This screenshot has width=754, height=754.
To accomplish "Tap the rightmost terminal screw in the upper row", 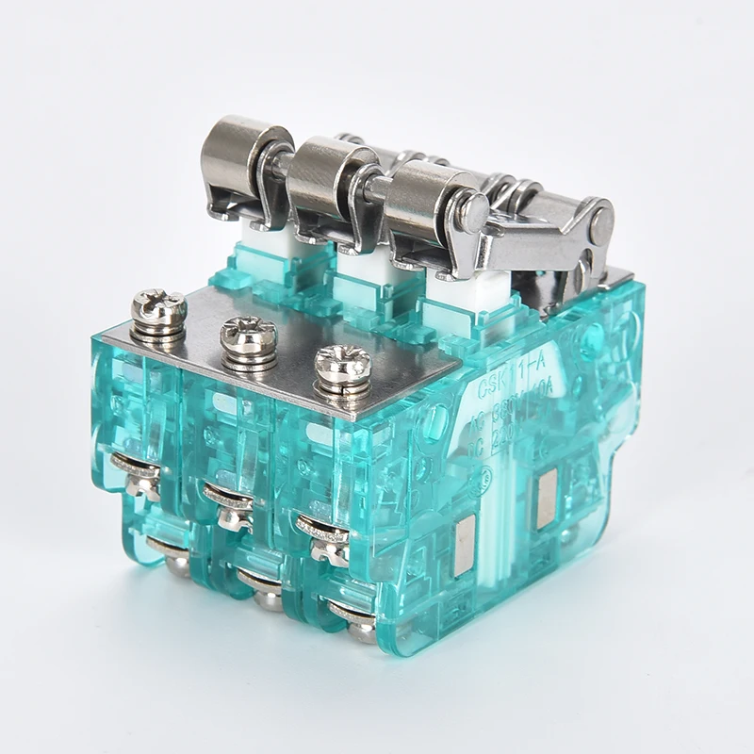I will pos(323,528).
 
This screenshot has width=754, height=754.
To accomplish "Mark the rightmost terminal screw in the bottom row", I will pos(353,617).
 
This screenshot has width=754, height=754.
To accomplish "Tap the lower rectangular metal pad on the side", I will pos(465,547).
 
